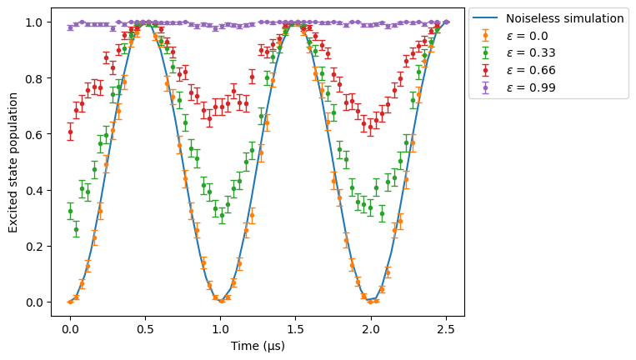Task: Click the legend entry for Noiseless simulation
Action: (548, 18)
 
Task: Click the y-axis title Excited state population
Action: (13, 162)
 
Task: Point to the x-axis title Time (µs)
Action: (258, 346)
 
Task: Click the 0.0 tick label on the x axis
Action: (70, 330)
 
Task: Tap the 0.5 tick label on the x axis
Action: (145, 330)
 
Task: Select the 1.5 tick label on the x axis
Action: (296, 330)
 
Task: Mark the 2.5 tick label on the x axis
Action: (446, 330)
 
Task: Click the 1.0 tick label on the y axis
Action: (34, 22)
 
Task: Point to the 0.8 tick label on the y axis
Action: (34, 78)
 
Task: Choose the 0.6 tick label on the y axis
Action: (34, 134)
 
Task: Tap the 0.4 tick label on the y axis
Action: (34, 191)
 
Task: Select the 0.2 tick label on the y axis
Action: (34, 247)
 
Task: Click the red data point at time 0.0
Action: (70, 132)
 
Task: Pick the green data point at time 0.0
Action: (70, 211)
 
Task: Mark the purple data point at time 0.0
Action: (70, 27)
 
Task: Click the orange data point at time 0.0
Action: (70, 302)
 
